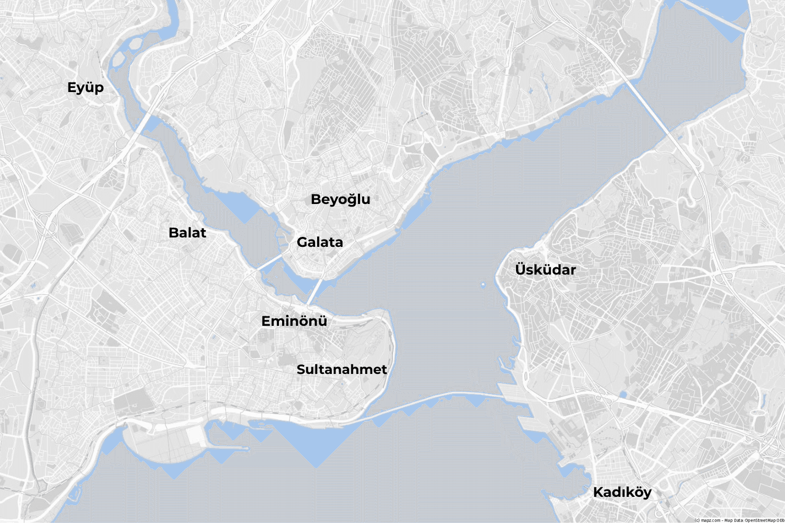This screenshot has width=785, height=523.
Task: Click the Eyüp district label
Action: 85,87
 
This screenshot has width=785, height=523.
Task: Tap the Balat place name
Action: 187,233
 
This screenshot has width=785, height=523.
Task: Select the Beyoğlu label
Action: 340,199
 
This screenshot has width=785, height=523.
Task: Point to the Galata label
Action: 320,242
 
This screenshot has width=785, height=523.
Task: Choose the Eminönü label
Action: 294,321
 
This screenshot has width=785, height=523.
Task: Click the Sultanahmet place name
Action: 342,369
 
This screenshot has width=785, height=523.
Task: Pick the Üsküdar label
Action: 545,270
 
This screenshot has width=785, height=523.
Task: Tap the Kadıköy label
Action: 622,492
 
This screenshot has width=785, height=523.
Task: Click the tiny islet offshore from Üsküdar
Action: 483,285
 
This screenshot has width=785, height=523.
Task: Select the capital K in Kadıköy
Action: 598,492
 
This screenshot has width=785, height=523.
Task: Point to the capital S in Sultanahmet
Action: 301,369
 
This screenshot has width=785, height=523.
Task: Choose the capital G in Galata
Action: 302,242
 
